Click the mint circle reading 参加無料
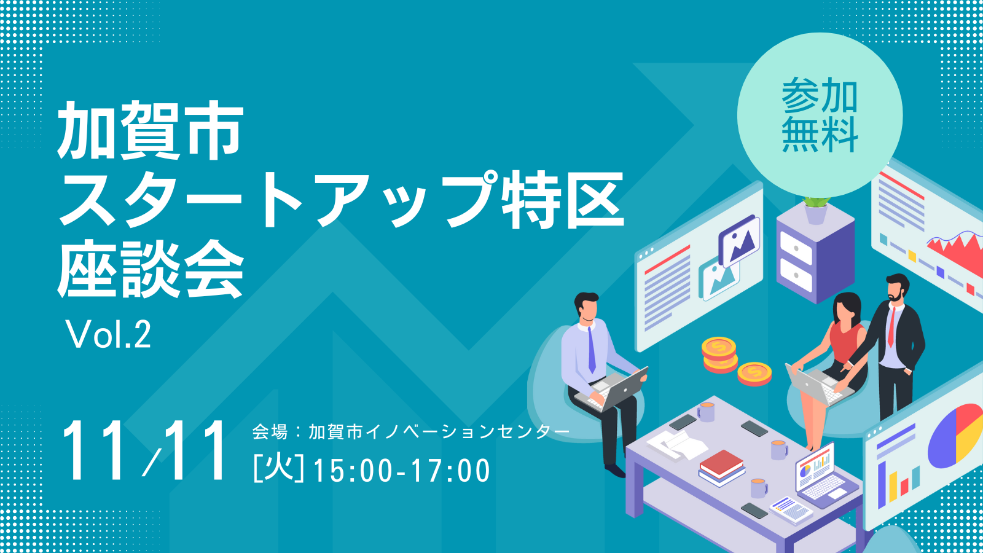click(820, 116)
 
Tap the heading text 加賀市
click(150, 130)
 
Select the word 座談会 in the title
click(150, 269)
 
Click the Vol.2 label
click(108, 334)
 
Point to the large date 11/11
click(145, 451)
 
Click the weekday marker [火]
click(279, 469)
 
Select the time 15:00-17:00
click(402, 471)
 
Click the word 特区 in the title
click(563, 200)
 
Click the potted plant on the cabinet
click(816, 211)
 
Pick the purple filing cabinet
click(815, 254)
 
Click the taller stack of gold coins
click(719, 355)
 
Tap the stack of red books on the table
click(721, 468)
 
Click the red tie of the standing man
click(891, 327)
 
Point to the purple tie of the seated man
click(592, 350)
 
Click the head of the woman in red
click(847, 307)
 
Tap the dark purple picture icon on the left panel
click(739, 240)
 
